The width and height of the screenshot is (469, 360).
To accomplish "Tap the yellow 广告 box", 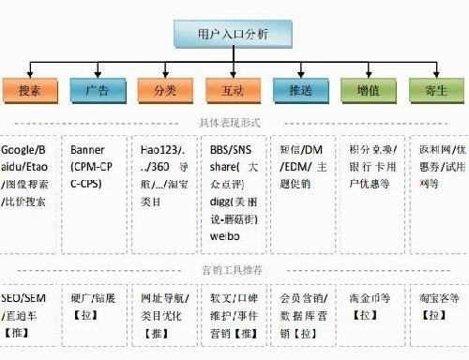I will tap(97, 91).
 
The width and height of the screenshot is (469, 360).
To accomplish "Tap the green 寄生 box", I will tap(436, 91).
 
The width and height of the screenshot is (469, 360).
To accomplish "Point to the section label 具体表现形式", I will tap(230, 123).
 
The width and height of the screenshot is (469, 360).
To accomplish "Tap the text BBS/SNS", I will tap(230, 150).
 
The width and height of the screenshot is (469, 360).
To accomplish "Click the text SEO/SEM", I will tap(24, 297).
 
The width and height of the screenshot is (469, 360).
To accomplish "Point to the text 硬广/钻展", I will tap(95, 297).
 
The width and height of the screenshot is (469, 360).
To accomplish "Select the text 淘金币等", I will tap(369, 297).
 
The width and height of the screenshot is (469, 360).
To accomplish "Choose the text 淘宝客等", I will tap(439, 297).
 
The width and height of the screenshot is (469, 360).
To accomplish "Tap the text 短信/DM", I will tap(300, 150).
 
